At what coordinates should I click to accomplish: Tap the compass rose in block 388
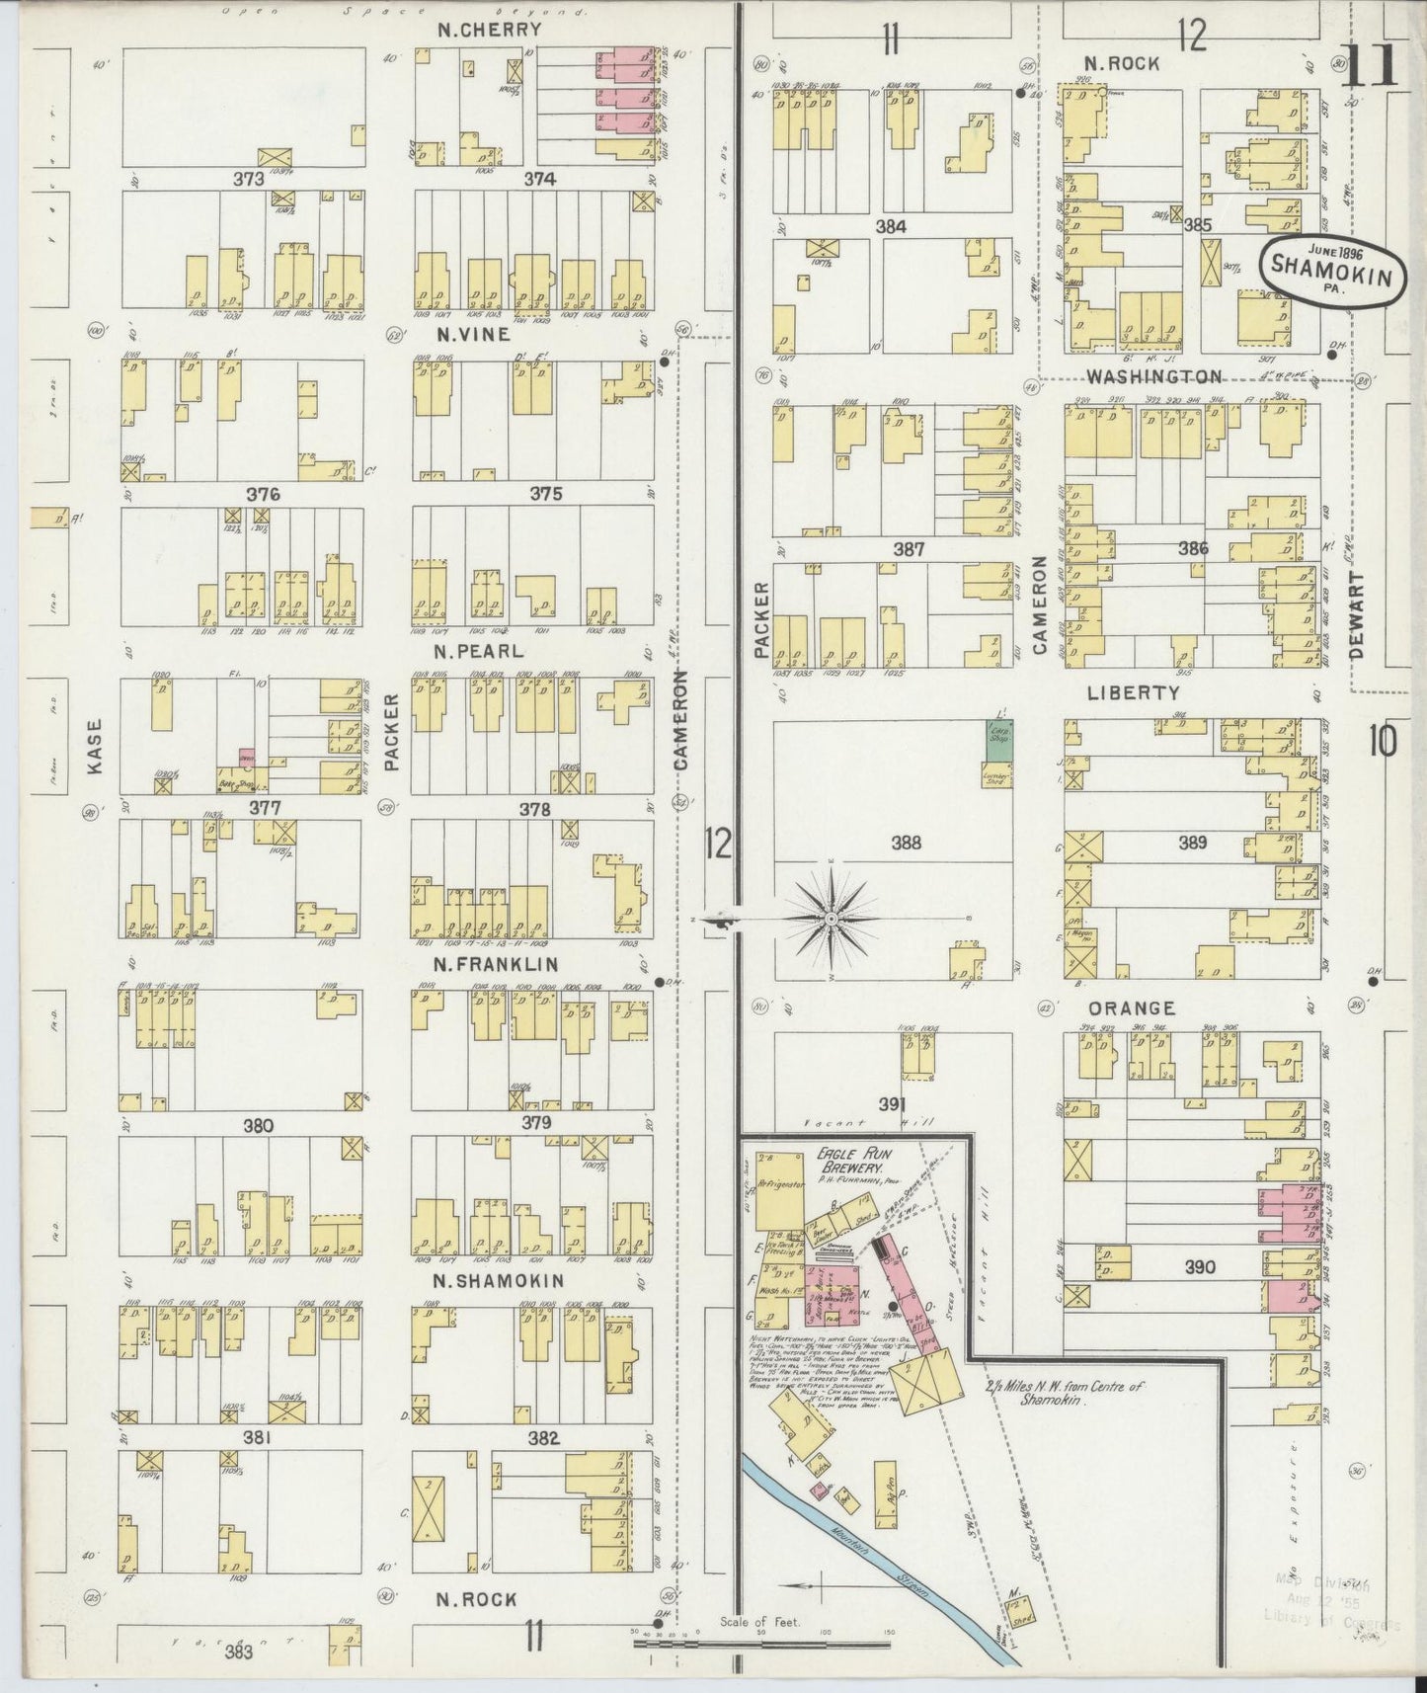[x=832, y=919]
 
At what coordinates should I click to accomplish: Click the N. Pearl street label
[x=478, y=652]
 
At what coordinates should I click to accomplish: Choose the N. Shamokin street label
[x=499, y=1281]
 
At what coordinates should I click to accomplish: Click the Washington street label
[x=1153, y=377]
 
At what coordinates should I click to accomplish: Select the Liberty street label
[x=1134, y=693]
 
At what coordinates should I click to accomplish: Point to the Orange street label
[x=1132, y=1008]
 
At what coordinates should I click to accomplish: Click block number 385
[x=1197, y=225]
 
